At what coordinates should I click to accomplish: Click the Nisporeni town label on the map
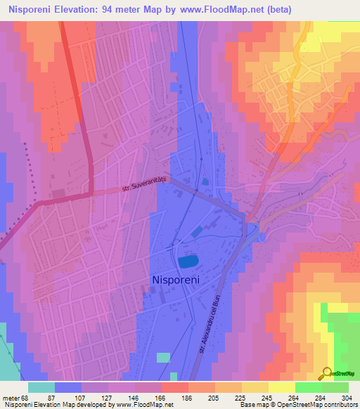click(x=177, y=280)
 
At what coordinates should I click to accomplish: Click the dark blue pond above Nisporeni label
click(x=188, y=261)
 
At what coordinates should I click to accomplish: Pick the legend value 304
click(x=345, y=397)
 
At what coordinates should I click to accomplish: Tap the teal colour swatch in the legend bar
click(x=41, y=387)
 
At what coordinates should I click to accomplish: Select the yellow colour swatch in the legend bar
click(x=282, y=387)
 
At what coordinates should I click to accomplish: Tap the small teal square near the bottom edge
click(x=163, y=357)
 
